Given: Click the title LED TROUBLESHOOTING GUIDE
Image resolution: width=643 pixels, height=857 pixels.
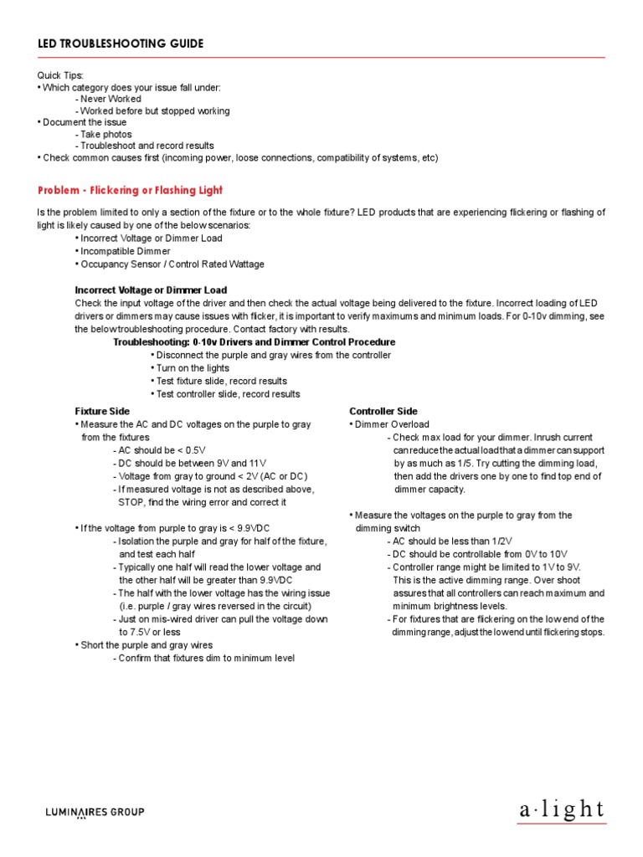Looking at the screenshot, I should [x=121, y=44].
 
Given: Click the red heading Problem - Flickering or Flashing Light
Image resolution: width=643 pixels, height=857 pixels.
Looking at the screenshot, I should [x=131, y=190].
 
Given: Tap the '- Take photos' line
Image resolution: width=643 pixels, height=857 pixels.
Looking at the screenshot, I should [x=104, y=134].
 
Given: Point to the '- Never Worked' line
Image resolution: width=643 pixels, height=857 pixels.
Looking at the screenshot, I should [x=108, y=99].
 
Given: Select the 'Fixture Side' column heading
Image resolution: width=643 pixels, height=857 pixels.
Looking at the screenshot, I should [x=102, y=411].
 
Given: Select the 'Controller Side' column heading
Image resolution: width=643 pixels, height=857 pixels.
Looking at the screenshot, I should [x=383, y=411].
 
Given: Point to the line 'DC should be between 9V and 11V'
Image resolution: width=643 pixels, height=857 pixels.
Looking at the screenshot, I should [x=188, y=463].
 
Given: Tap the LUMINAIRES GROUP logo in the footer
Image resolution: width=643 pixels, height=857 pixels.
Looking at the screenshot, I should [x=94, y=812].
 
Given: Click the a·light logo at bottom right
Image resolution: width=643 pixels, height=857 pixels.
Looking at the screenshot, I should [x=561, y=809].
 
